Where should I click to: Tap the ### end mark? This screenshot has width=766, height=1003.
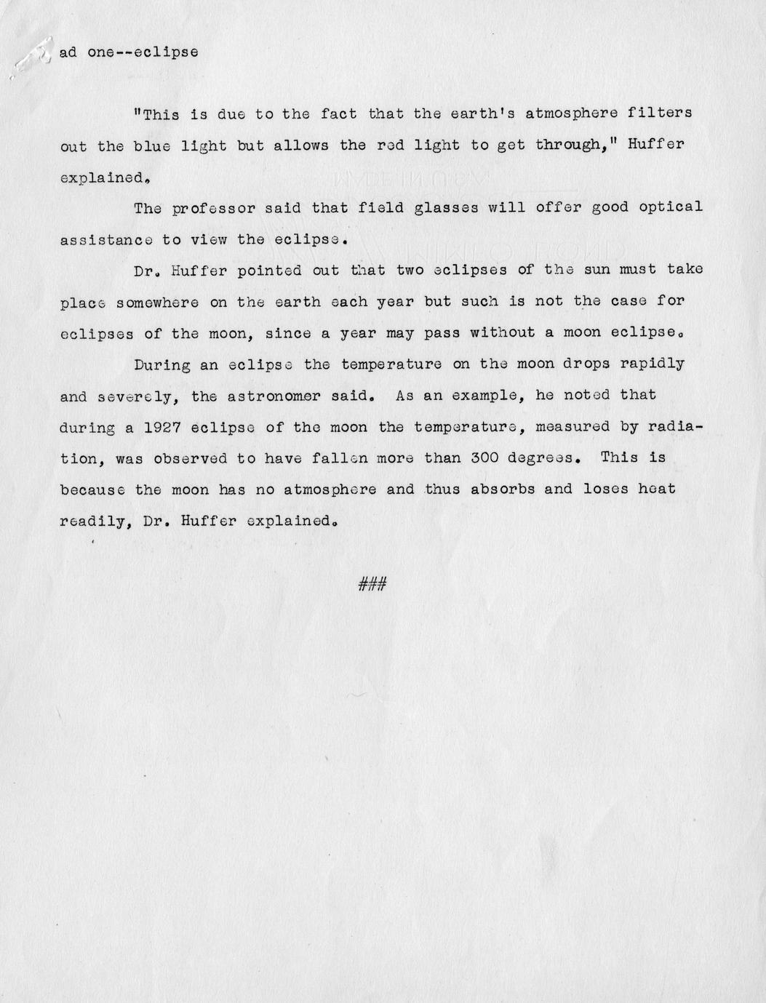(x=372, y=583)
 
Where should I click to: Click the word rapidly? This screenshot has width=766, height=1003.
(x=652, y=364)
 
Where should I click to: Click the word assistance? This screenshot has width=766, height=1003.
(x=106, y=239)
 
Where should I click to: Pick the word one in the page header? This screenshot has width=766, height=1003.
(x=101, y=53)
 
